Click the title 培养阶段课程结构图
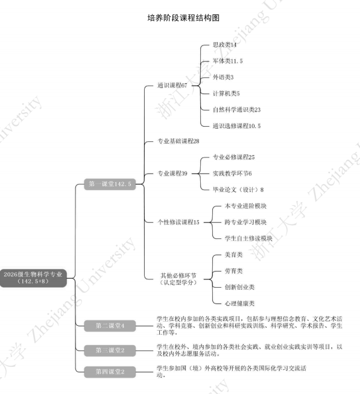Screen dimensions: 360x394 click(183, 18)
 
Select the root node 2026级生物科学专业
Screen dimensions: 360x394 click(33, 278)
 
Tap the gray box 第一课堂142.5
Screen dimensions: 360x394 click(110, 184)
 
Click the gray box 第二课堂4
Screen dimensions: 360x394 click(110, 326)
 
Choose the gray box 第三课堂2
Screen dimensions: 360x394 click(110, 351)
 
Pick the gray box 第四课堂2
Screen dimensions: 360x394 click(110, 372)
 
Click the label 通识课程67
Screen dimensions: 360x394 click(172, 86)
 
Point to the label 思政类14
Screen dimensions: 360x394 click(224, 45)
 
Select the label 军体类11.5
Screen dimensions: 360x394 click(228, 61)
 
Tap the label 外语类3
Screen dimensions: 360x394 click(223, 77)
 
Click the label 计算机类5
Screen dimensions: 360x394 click(226, 94)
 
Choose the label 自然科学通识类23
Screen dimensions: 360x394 click(236, 110)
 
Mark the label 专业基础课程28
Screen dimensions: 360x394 click(178, 141)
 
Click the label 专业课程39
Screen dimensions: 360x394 click(172, 173)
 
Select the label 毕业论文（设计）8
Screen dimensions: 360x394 click(238, 189)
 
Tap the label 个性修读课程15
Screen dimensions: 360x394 click(178, 222)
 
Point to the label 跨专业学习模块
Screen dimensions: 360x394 click(245, 222)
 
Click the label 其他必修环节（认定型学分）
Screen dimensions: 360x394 click(178, 279)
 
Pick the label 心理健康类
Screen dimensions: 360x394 click(239, 303)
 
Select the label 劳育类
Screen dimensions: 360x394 click(233, 271)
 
